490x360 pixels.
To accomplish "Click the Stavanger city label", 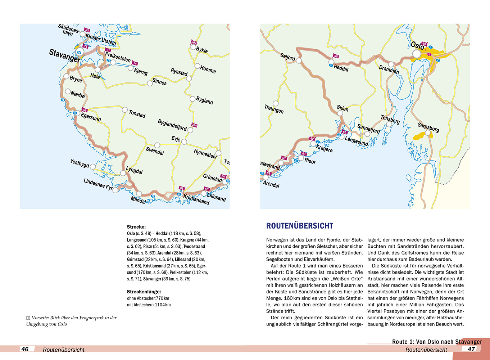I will point(65,56).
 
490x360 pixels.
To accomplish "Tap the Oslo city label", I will point(417,46).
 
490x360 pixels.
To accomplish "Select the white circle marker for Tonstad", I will point(125,110).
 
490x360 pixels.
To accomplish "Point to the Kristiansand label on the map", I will point(196,199).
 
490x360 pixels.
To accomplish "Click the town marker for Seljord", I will point(299,60).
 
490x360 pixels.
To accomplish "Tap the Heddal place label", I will point(341,68).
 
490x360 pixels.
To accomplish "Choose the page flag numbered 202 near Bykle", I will point(194,42).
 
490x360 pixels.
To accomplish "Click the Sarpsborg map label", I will point(428,127).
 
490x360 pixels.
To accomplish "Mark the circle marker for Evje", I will point(184,142).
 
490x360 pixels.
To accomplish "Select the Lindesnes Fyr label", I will point(98,184).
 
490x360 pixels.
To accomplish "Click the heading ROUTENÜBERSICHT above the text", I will point(300,226).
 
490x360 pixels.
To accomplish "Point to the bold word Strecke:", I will point(136,227).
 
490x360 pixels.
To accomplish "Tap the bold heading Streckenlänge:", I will point(144,292).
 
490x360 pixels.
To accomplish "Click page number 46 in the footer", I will point(25,349).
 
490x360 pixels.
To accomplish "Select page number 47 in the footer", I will point(471,349).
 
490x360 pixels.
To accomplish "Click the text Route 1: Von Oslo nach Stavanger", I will point(437,342).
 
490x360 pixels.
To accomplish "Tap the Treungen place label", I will point(274,109).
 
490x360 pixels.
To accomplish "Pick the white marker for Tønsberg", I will point(389,125).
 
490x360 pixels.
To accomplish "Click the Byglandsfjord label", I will point(172,125).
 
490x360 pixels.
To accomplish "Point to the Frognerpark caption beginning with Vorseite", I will point(72,321).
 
